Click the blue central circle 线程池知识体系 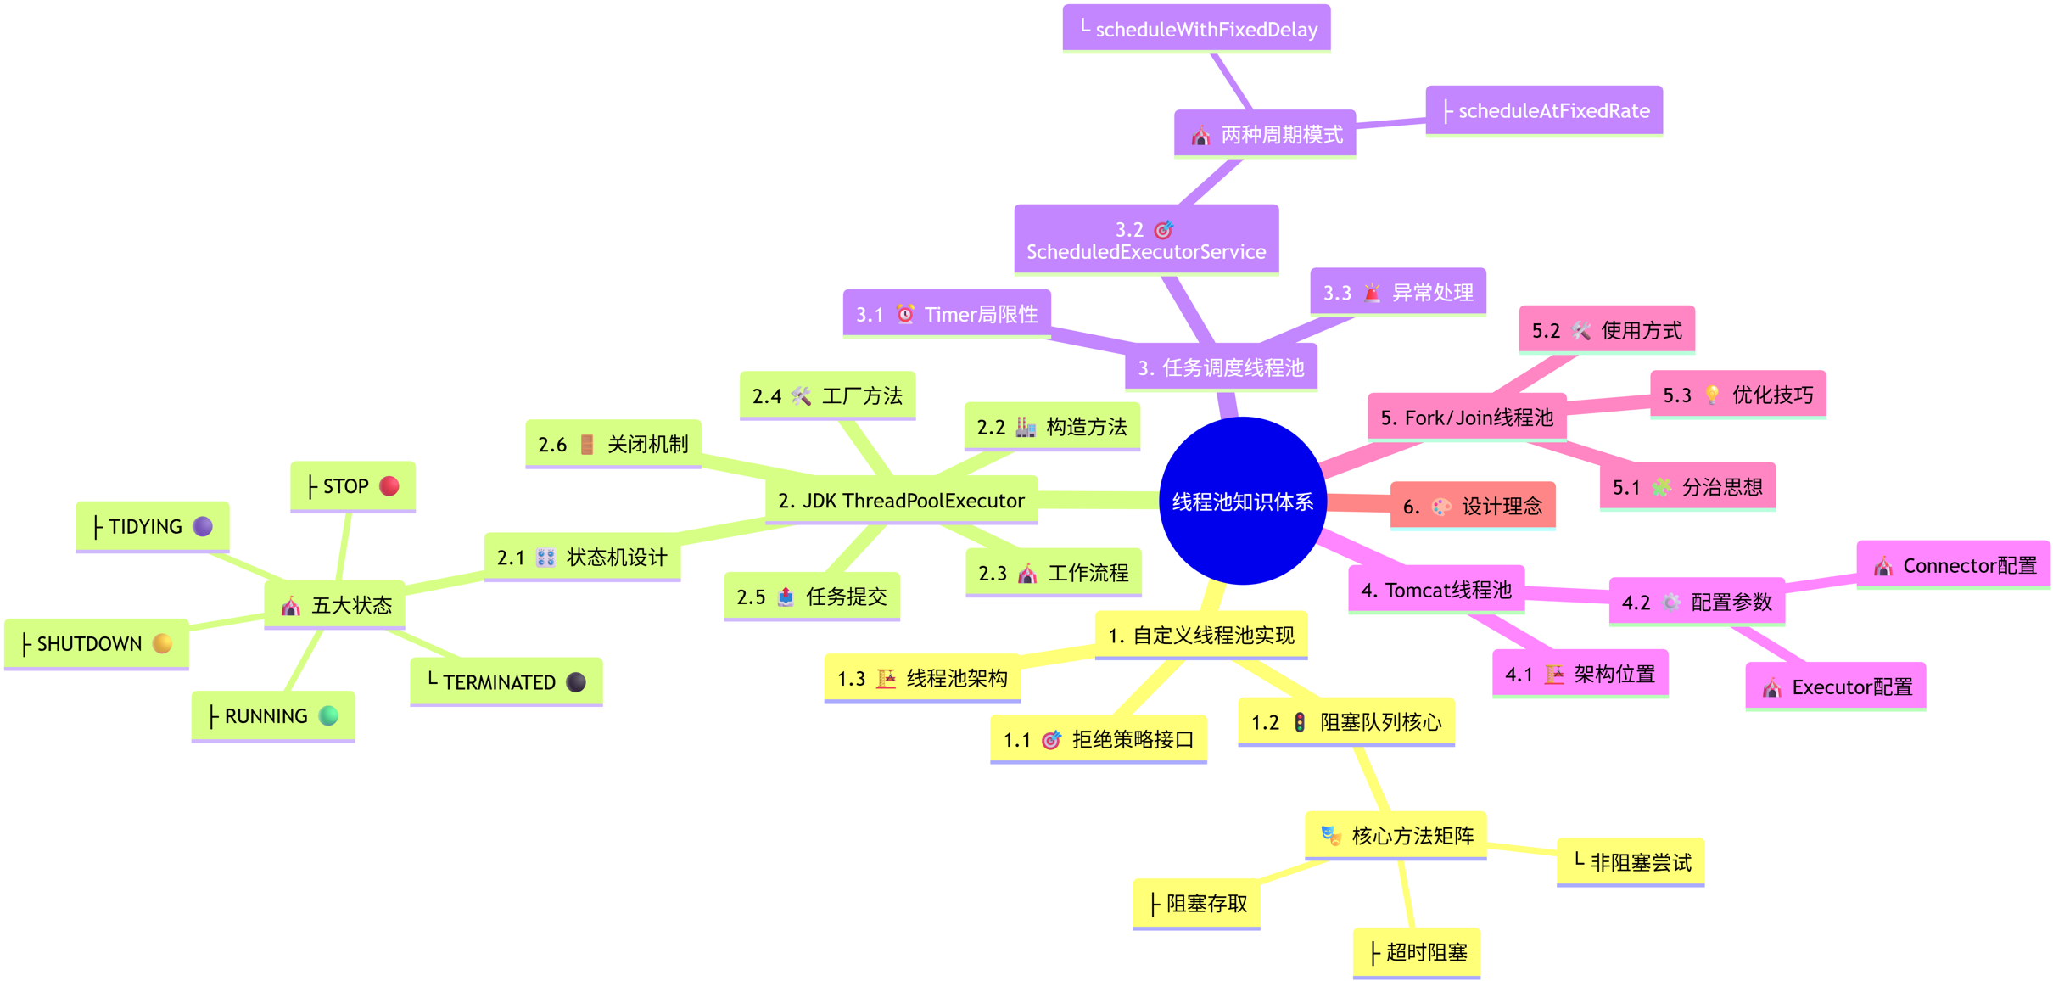coord(1242,501)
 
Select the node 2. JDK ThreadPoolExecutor coord(901,501)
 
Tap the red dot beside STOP coord(389,486)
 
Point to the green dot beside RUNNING coord(328,716)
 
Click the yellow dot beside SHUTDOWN coord(162,644)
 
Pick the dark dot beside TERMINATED coord(576,682)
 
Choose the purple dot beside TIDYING coord(203,527)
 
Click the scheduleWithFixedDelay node coord(1196,30)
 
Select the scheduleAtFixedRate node coord(1544,111)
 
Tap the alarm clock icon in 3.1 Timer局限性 coord(905,315)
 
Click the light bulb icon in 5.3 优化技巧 coord(1712,395)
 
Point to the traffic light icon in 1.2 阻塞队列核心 coord(1300,722)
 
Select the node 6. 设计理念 coord(1472,507)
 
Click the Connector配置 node coord(1953,566)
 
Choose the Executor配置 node coord(1835,687)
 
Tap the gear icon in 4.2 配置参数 coord(1670,603)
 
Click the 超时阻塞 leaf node coord(1416,953)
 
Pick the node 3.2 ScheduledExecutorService coord(1146,240)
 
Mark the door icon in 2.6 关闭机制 coord(587,445)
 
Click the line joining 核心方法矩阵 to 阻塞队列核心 coord(1371,779)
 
